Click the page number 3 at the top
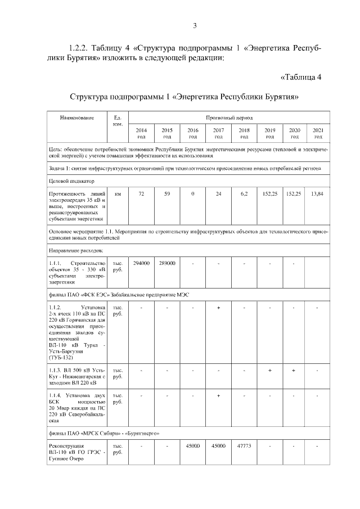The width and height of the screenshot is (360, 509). [x=194, y=25]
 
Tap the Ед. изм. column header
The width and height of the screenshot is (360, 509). [x=118, y=121]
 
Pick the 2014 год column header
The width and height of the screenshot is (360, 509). [x=141, y=133]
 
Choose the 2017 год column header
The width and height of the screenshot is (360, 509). [x=218, y=133]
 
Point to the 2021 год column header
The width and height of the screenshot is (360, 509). [x=318, y=133]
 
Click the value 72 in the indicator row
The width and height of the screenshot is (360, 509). [x=141, y=193]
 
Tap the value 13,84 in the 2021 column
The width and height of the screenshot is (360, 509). [x=318, y=193]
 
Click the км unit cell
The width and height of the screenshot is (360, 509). [x=118, y=193]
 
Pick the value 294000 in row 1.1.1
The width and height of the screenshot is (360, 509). [x=141, y=263]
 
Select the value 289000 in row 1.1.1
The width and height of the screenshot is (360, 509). [x=167, y=263]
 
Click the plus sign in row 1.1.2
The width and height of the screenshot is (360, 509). [x=218, y=308]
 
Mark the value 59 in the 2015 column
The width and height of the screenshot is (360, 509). [x=167, y=193]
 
